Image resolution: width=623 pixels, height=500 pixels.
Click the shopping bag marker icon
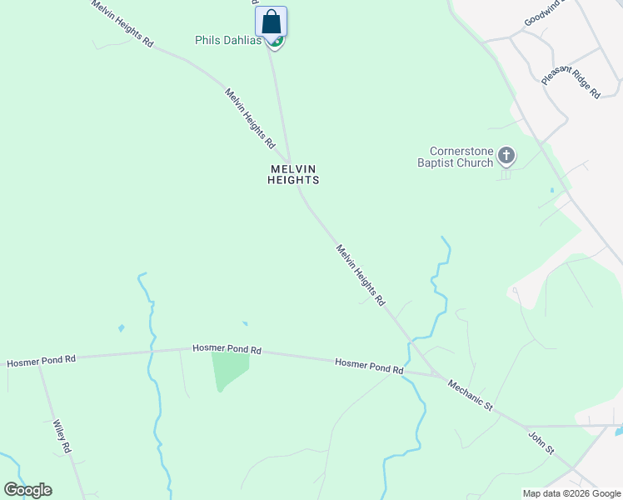click(x=271, y=21)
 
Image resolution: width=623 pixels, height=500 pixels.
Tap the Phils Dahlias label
click(x=227, y=40)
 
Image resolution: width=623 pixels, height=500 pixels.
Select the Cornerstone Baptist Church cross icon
click(x=506, y=155)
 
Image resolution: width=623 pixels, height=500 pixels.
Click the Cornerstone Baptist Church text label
click(x=456, y=157)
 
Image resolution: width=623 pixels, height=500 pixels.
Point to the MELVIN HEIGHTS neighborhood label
click(x=293, y=173)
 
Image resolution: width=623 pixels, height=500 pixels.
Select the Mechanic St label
click(x=471, y=395)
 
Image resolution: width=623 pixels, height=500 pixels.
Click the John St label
click(x=541, y=442)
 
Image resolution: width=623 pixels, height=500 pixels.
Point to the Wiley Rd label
click(x=62, y=436)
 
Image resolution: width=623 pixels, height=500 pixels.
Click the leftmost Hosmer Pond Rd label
click(x=42, y=362)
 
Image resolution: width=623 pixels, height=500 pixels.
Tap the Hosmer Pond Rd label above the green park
click(x=227, y=349)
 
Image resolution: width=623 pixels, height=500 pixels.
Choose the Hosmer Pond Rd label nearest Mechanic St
click(x=369, y=364)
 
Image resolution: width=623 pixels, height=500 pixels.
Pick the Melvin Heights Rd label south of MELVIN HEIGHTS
click(x=361, y=274)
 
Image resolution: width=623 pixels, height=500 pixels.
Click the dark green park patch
click(x=228, y=369)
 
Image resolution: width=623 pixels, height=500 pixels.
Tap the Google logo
click(x=27, y=490)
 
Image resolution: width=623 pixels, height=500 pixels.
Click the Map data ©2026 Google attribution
click(x=571, y=493)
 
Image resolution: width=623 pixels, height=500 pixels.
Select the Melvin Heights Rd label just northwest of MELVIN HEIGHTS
click(x=249, y=117)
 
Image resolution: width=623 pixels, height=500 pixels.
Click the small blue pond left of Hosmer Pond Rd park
click(x=122, y=328)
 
